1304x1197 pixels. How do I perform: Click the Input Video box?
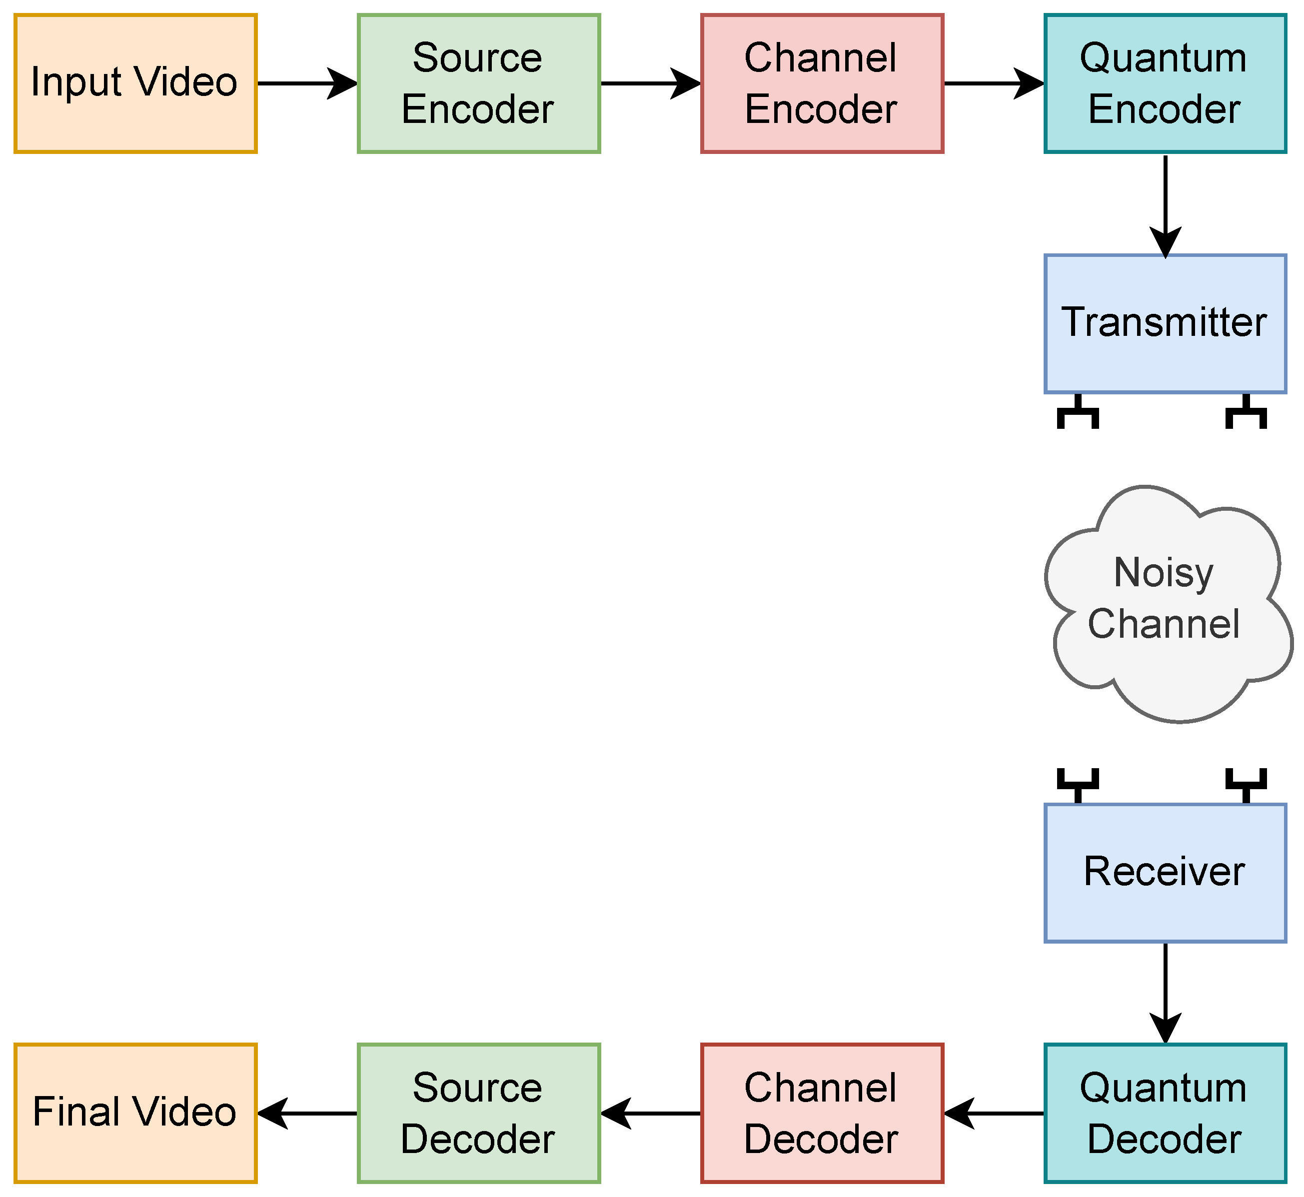[135, 83]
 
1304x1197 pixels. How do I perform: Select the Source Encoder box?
[479, 83]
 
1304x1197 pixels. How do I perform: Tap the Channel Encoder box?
[822, 83]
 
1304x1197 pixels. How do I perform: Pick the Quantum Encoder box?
[1166, 83]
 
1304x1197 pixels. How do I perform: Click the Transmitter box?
[1166, 324]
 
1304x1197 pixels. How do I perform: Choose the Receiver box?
[1166, 873]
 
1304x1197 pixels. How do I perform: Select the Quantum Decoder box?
[1166, 1114]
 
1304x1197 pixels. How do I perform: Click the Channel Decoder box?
[822, 1114]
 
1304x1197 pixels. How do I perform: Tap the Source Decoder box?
[479, 1114]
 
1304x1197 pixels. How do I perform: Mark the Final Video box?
[135, 1114]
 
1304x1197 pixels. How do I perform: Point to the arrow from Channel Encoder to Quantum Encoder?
[994, 83]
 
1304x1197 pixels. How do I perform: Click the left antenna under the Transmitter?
[1078, 411]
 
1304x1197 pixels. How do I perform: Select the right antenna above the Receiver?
[1246, 786]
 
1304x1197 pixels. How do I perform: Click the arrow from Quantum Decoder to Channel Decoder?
[994, 1114]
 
